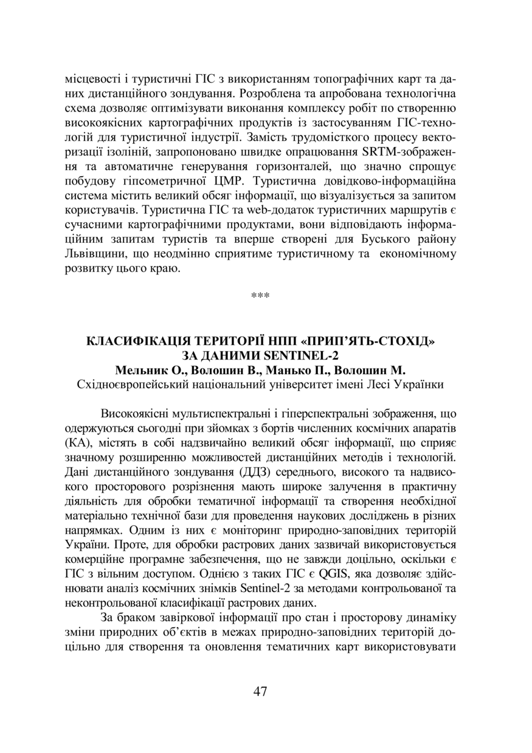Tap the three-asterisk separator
point(260,296)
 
